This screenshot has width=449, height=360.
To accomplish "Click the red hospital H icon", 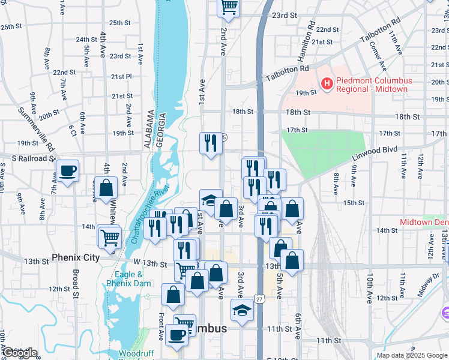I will pos(327,85).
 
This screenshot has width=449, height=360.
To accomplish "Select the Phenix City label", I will pos(75,257).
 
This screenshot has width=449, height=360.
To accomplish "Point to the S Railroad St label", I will pos(28,158).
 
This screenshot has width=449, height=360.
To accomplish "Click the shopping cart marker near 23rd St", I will pos(228,7).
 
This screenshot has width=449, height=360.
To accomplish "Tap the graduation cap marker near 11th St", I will pos(242,311).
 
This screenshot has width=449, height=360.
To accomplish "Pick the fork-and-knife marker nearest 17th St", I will pos(210,143).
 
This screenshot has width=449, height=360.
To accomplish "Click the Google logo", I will pos(20,353).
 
